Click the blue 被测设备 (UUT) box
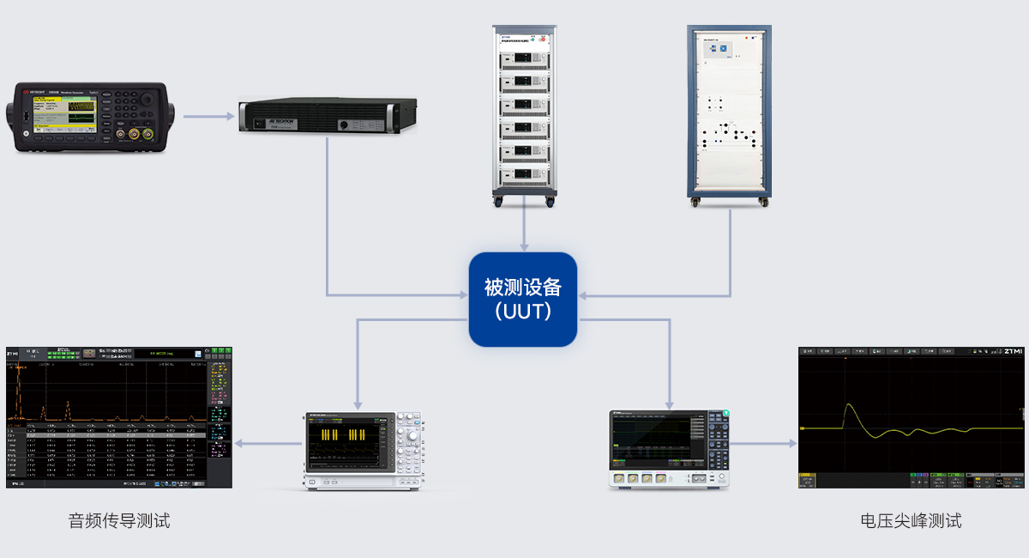pyautogui.click(x=523, y=299)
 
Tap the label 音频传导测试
pyautogui.click(x=119, y=520)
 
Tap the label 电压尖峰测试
pyautogui.click(x=911, y=520)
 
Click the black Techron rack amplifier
pyautogui.click(x=327, y=116)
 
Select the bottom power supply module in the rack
pyautogui.click(x=523, y=176)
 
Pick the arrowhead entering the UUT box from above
pyautogui.click(x=523, y=247)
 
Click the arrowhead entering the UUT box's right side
pyautogui.click(x=584, y=297)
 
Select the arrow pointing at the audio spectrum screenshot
pyautogui.click(x=240, y=444)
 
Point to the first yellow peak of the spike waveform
pyautogui.click(x=848, y=405)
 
